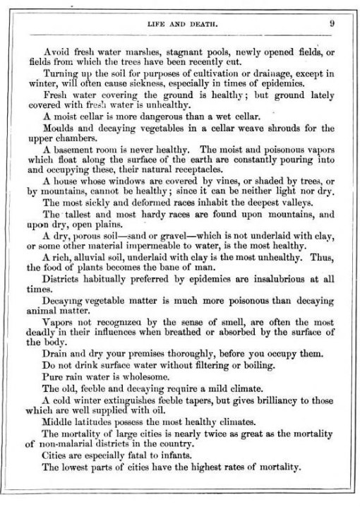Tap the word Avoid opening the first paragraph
(x=56, y=52)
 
